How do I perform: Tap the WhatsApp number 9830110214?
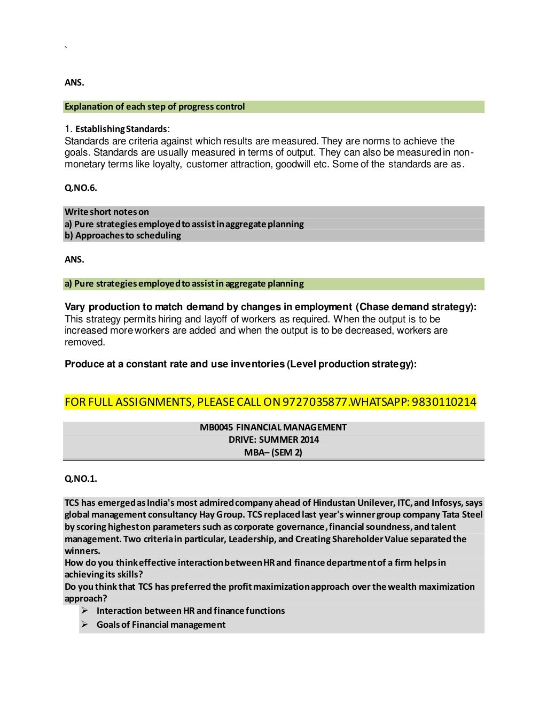(444, 402)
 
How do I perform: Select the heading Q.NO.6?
(81, 188)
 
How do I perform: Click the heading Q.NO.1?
(81, 479)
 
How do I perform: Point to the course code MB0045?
(216, 427)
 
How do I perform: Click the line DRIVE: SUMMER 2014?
(273, 440)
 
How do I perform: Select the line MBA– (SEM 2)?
(273, 452)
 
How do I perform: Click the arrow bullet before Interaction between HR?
(84, 611)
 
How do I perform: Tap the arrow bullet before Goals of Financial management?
(84, 625)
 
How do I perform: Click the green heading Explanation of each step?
(154, 106)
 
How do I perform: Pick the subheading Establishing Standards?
(121, 129)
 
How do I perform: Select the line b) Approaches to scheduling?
(123, 235)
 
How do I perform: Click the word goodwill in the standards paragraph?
(293, 164)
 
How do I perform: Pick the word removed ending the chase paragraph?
(84, 342)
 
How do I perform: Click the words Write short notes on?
(107, 212)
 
